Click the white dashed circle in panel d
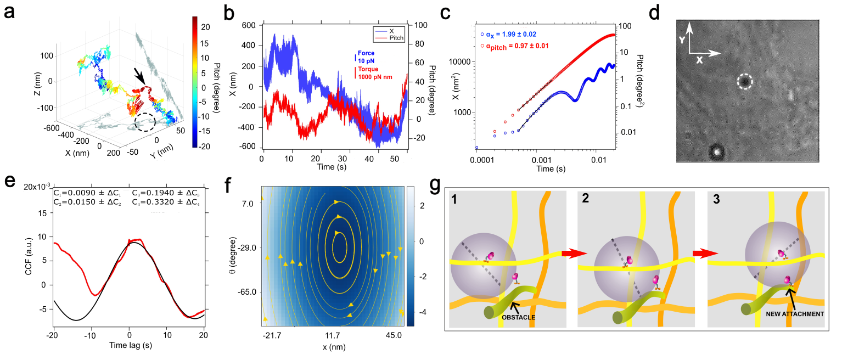744,82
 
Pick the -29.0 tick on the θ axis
244,248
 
